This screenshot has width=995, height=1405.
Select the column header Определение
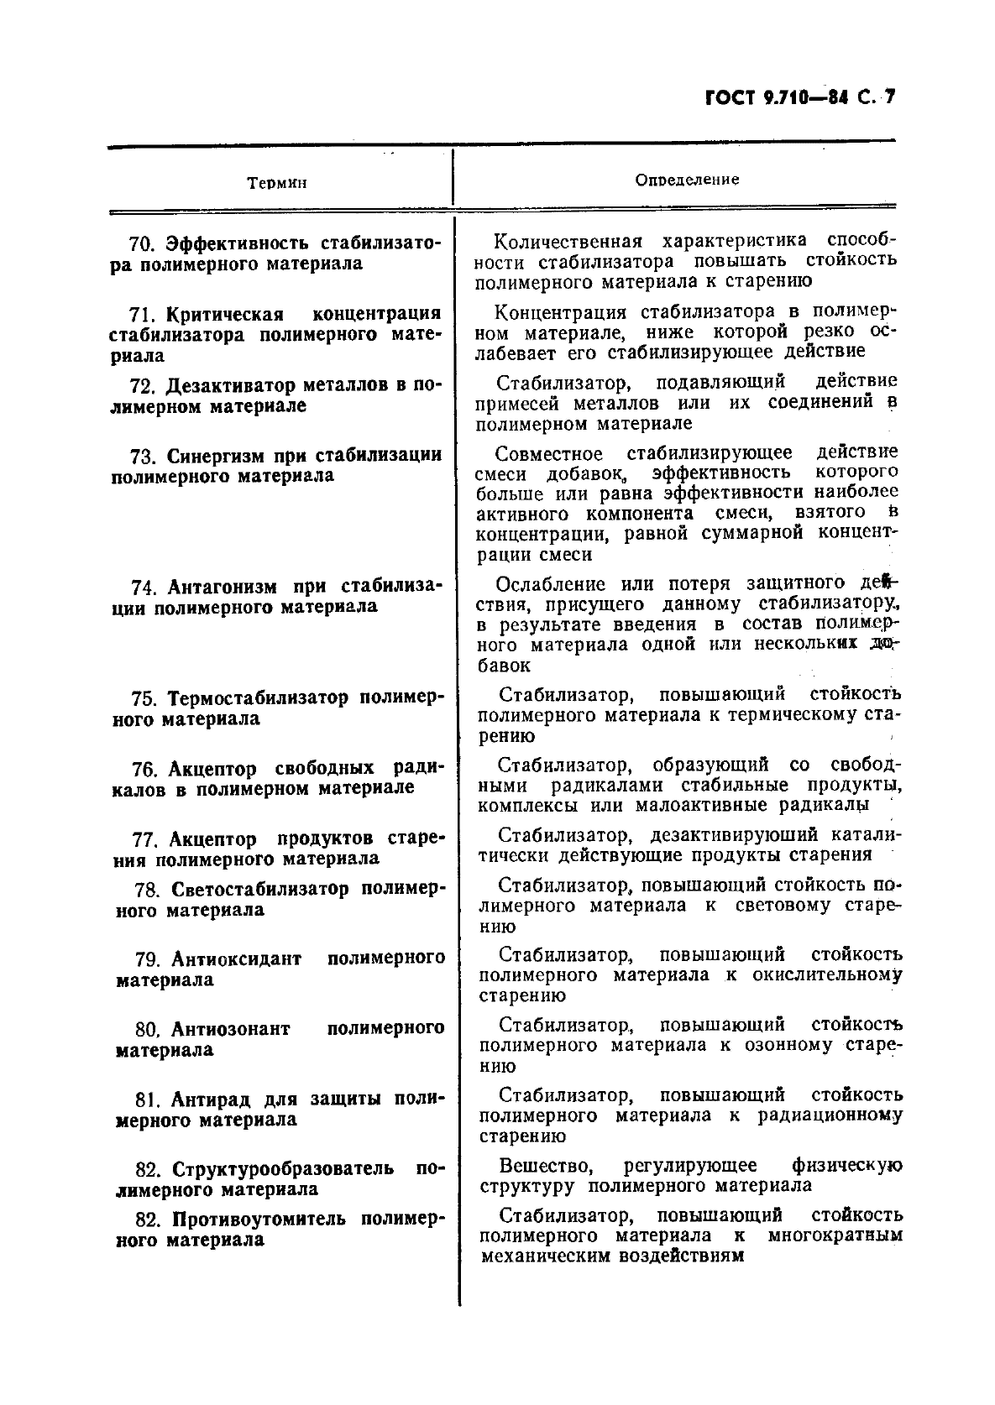[x=687, y=180]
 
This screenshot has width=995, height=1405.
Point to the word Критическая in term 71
[x=224, y=315]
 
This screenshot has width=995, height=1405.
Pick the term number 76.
[x=145, y=770]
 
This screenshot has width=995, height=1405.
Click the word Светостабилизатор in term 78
[x=259, y=889]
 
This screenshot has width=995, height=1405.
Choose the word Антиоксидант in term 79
[x=236, y=959]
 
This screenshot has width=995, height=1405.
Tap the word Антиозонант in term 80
[x=230, y=1029]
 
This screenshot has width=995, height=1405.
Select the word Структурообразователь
[x=282, y=1169]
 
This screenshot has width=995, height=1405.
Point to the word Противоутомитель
[x=258, y=1219]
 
